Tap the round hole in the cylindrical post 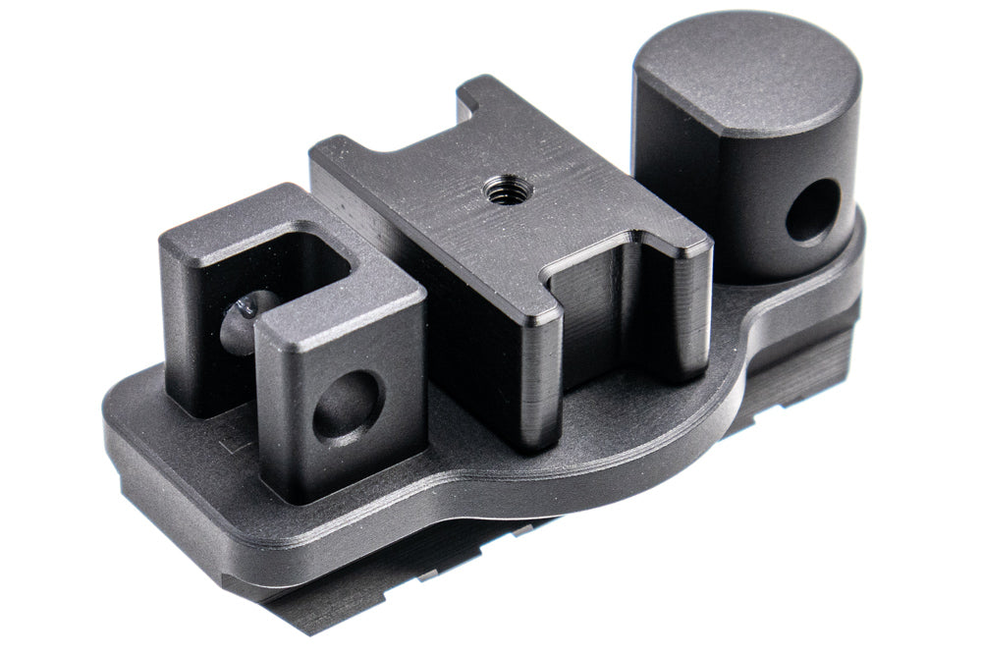click(814, 209)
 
